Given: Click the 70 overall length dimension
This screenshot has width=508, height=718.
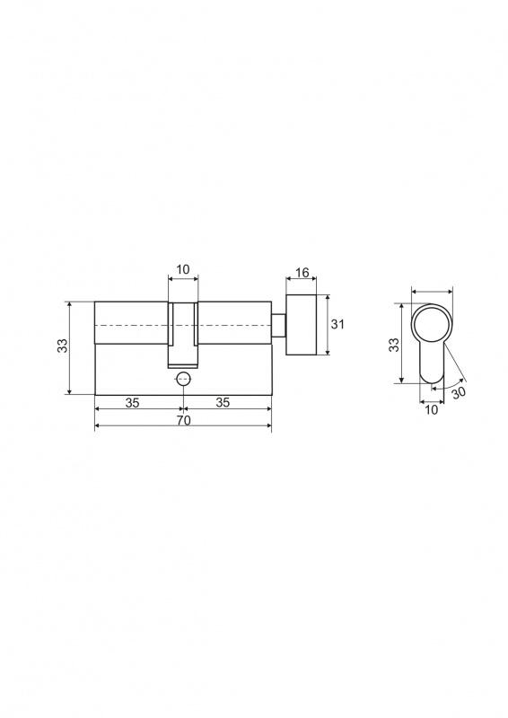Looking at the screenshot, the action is (x=183, y=420).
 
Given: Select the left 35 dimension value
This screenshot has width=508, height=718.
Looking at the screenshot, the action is (x=132, y=403).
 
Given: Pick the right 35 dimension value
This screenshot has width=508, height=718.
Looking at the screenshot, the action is (x=223, y=403).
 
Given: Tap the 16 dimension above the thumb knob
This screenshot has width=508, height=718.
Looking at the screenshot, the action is (x=302, y=274).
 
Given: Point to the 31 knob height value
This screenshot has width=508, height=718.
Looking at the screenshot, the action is (x=337, y=324).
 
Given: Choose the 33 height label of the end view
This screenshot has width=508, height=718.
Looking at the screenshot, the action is (x=394, y=345).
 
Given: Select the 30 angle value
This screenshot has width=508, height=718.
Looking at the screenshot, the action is (x=459, y=393).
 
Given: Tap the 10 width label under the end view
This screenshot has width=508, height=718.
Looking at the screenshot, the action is (x=432, y=410).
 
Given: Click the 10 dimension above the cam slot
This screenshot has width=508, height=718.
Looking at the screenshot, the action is (x=182, y=269).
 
